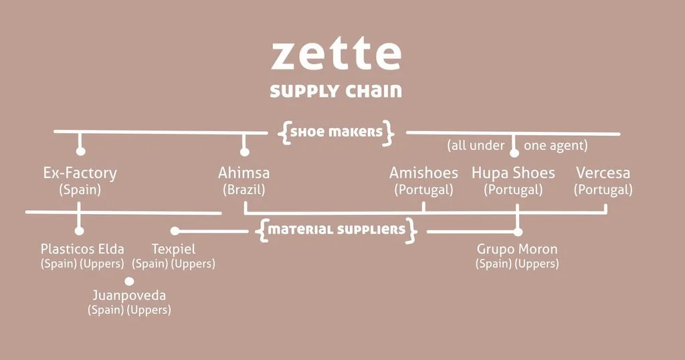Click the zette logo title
pyautogui.click(x=336, y=55)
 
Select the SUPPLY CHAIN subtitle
pyautogui.click(x=336, y=91)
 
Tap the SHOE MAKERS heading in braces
pyautogui.click(x=336, y=132)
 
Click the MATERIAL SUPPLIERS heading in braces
pyautogui.click(x=337, y=230)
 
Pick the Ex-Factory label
pyautogui.click(x=80, y=173)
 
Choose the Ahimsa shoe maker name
pyautogui.click(x=244, y=173)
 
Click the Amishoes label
pyautogui.click(x=423, y=173)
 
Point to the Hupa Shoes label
pyautogui.click(x=513, y=173)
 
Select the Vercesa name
pyautogui.click(x=603, y=173)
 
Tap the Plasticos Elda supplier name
pyautogui.click(x=82, y=250)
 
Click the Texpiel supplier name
pyautogui.click(x=174, y=250)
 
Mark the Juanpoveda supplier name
pyautogui.click(x=129, y=295)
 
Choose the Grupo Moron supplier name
pyautogui.click(x=517, y=250)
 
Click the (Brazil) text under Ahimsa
pyautogui.click(x=244, y=190)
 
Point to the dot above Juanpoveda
pyautogui.click(x=129, y=281)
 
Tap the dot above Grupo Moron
pyautogui.click(x=517, y=232)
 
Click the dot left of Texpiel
pyautogui.click(x=175, y=231)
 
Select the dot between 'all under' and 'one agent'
pyautogui.click(x=514, y=153)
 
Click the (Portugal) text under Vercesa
pyautogui.click(x=603, y=190)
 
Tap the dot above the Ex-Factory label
pyautogui.click(x=81, y=151)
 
